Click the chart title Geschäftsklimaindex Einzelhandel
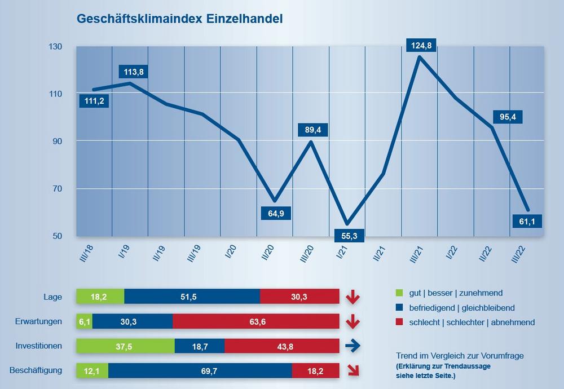[x=179, y=19]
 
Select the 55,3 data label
[x=348, y=235]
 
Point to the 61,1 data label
[x=527, y=221]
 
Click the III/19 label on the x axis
[x=195, y=249]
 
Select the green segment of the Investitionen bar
[x=125, y=346]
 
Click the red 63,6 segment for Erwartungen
[x=255, y=321]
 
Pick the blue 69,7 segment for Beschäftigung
[x=200, y=370]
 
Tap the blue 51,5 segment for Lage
[x=192, y=297]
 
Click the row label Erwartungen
[x=38, y=321]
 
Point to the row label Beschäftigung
[x=36, y=370]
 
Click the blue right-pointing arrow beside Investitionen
[x=352, y=347]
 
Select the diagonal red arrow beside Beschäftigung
[x=353, y=370]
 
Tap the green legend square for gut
[x=400, y=293]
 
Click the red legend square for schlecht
[x=400, y=322]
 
